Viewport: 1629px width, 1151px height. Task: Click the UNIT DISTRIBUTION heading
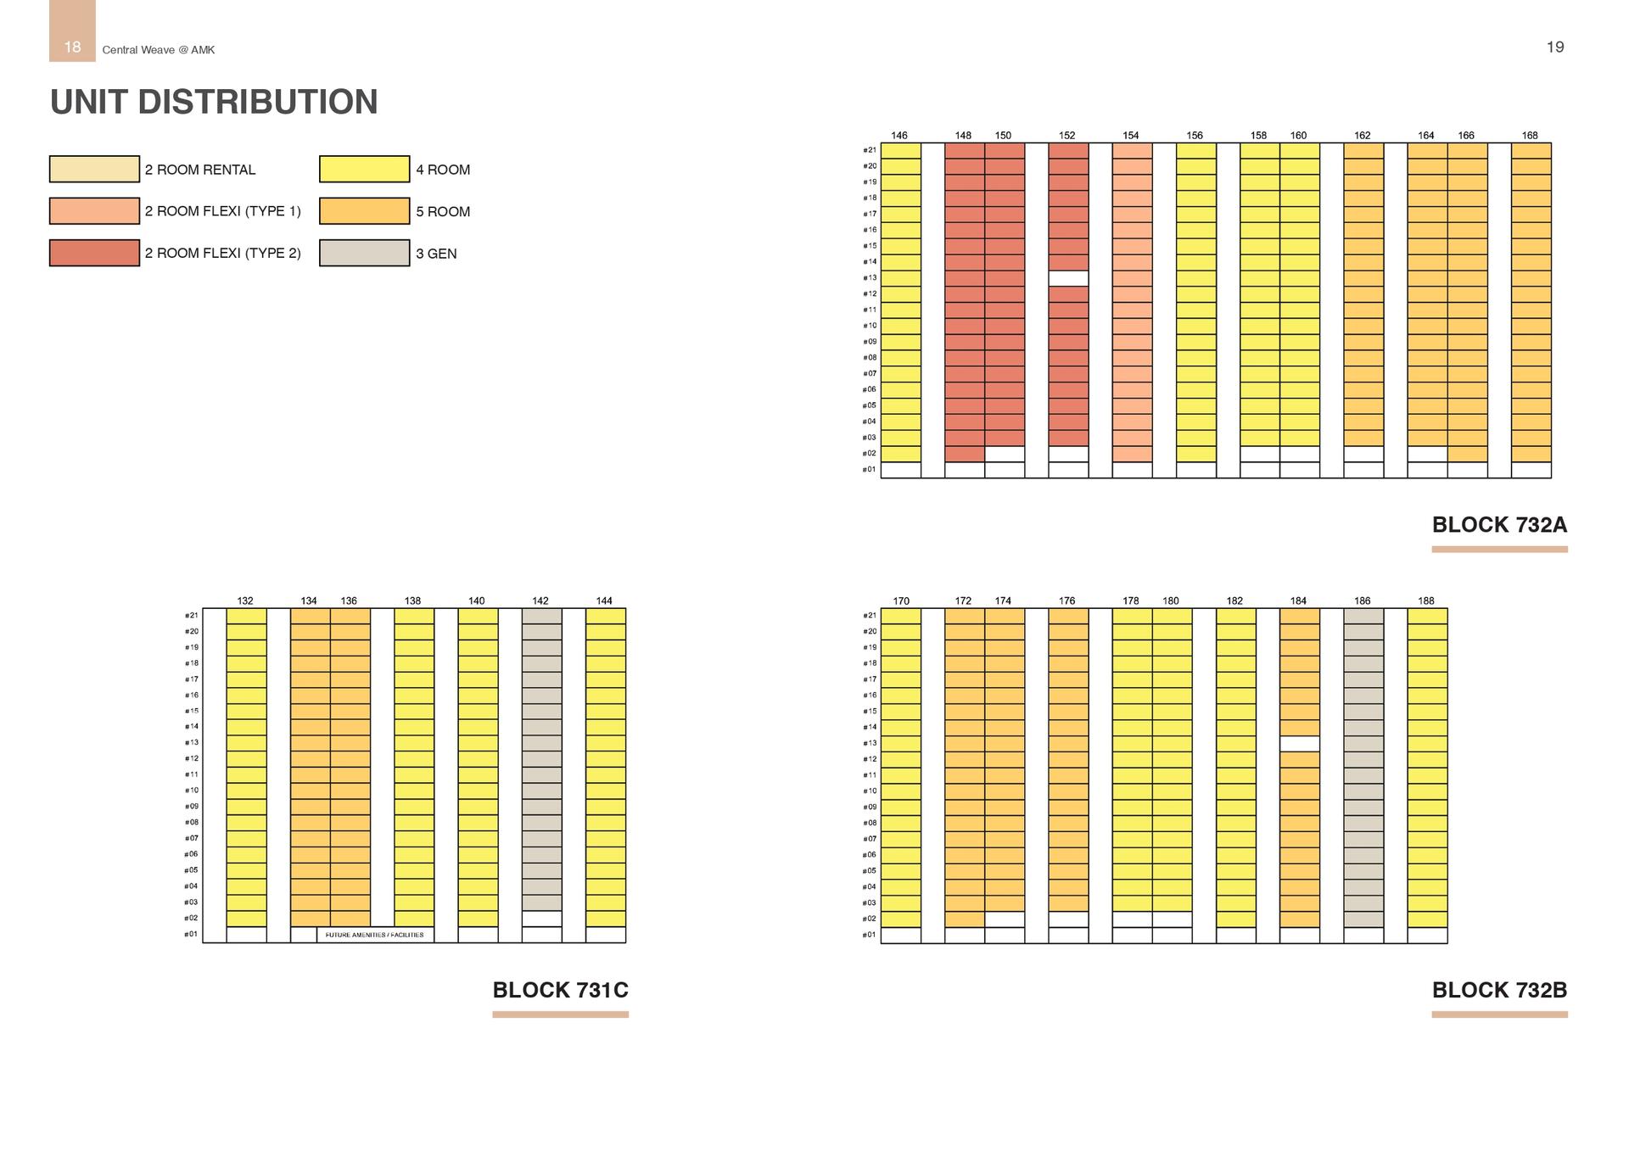point(214,102)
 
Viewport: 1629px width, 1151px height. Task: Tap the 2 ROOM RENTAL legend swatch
point(94,169)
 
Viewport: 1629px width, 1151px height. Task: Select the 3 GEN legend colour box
point(364,253)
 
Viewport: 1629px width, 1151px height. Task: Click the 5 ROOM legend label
point(443,211)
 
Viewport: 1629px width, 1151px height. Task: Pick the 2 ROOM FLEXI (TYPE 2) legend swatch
point(94,253)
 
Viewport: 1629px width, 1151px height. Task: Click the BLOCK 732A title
point(1499,525)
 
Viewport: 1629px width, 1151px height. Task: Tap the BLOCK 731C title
point(560,990)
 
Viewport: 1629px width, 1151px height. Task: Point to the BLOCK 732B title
point(1499,990)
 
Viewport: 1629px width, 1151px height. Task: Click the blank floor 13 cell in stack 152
point(1068,278)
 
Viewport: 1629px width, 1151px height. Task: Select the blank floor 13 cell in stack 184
point(1300,744)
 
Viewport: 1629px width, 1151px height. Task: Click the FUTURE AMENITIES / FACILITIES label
point(374,935)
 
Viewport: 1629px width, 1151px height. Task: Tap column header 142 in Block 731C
point(540,601)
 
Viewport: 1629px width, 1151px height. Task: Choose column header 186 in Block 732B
point(1362,601)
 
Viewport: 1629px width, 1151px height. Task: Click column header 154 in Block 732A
point(1131,136)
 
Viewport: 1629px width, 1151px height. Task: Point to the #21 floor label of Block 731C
point(192,616)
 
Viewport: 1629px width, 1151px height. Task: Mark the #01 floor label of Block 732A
point(869,469)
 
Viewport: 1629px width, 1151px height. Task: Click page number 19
point(1554,47)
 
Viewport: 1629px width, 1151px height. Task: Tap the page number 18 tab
point(73,47)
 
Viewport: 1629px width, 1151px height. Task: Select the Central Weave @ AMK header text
point(159,50)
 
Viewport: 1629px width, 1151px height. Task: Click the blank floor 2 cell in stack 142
point(541,919)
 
